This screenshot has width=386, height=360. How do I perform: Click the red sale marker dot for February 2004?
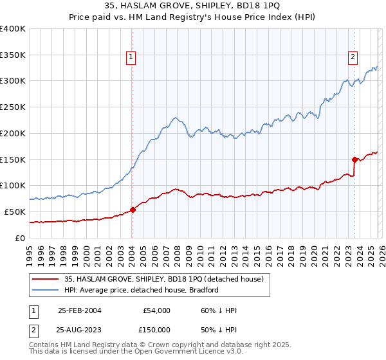coord(133,209)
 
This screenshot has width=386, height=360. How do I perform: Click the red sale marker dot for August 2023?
coord(354,159)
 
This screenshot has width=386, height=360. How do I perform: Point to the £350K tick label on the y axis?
coord(13,55)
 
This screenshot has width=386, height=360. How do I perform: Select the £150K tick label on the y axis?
coord(13,159)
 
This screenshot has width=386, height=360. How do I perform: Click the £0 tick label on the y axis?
coord(20,238)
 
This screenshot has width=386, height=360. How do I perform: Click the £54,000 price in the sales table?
coord(156,310)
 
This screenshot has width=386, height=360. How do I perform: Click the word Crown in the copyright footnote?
coord(147,345)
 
